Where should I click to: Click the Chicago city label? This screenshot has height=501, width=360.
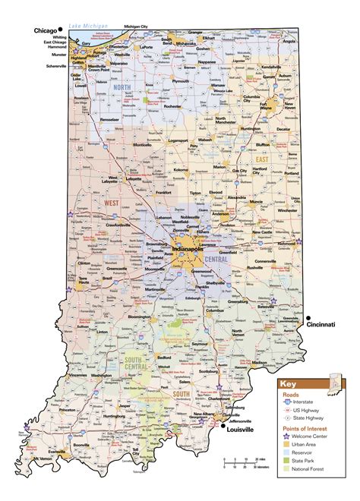click(45, 30)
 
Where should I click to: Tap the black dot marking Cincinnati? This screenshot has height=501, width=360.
click(309, 317)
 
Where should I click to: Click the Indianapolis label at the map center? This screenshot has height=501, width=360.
click(188, 249)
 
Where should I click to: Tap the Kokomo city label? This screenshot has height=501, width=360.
click(181, 170)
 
